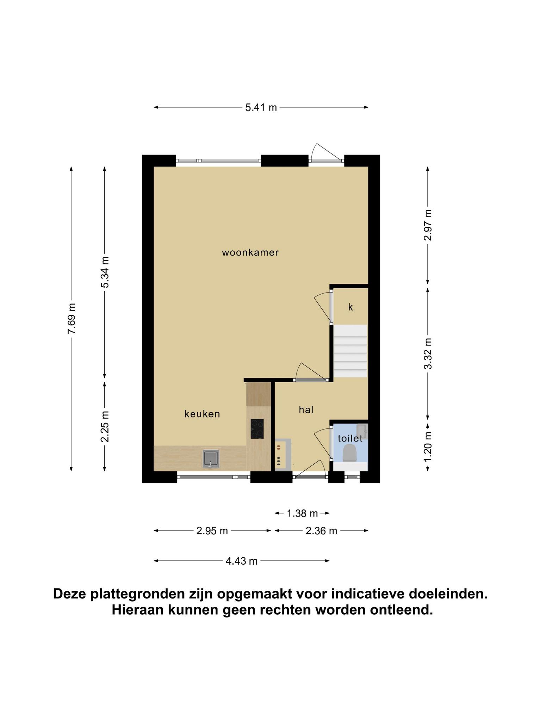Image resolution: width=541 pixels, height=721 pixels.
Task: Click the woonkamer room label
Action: point(250,252)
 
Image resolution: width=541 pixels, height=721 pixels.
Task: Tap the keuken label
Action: point(202,414)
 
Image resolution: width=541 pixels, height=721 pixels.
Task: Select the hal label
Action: point(306,409)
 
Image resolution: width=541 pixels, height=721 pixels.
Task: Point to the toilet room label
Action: point(350,438)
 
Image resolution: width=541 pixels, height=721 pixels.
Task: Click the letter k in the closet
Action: point(350,307)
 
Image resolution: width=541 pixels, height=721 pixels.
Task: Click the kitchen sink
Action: point(211,458)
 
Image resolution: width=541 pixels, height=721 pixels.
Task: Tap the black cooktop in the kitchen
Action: point(257,428)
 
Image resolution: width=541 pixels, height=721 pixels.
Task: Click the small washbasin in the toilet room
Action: point(362,432)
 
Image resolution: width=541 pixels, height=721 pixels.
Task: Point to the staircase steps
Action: point(350,351)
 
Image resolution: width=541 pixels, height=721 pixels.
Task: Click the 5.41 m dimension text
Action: point(261,107)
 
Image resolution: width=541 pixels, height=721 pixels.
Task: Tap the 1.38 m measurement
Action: point(302,514)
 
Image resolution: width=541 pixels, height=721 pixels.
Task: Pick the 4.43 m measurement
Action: point(242,561)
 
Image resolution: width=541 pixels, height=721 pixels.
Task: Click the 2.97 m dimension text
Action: point(428,225)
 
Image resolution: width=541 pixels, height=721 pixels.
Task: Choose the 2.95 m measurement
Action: point(212,531)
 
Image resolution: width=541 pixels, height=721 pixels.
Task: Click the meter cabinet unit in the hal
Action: point(283,454)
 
